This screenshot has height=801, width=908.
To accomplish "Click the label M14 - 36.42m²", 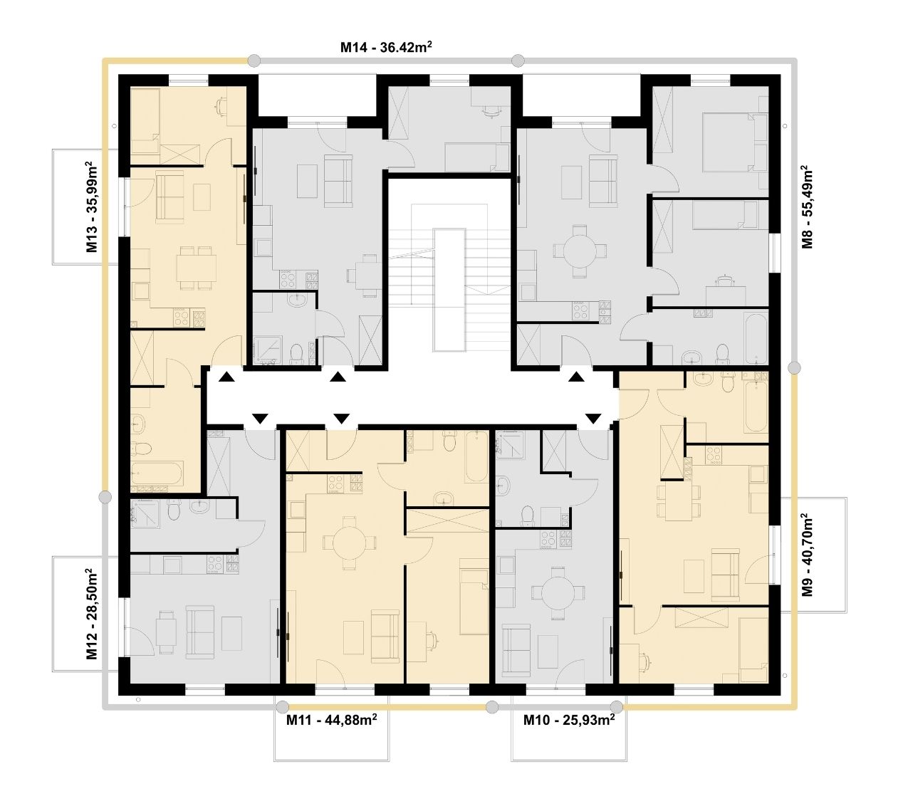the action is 386,46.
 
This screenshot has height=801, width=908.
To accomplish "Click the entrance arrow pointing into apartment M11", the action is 342,419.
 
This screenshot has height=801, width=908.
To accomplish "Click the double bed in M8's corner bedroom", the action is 735,142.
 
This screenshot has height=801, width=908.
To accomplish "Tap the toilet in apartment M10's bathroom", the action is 528,515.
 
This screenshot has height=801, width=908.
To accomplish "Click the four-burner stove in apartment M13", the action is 182,318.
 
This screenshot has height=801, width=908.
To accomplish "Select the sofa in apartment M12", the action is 199,632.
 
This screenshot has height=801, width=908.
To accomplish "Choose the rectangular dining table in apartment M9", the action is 679,501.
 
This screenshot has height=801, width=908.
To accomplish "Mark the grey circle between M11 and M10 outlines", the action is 491,707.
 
